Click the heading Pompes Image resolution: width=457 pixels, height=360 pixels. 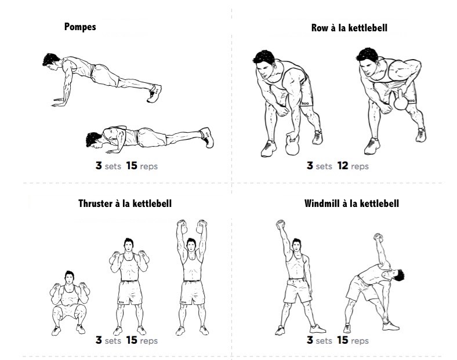tap(80, 27)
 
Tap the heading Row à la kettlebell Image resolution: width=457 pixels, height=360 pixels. tap(349, 28)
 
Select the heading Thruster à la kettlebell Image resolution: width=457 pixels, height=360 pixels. tap(125, 203)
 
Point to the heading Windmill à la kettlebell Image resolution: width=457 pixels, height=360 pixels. tap(351, 203)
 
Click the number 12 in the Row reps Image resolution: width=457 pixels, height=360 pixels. tap(343, 166)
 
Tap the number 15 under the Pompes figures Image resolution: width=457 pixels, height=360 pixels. tap(132, 166)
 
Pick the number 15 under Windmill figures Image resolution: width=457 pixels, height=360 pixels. tap(343, 340)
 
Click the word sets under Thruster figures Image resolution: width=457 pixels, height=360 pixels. tap(113, 341)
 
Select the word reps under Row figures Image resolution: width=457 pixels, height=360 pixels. tap(360, 166)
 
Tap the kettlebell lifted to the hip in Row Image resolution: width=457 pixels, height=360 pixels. tap(401, 101)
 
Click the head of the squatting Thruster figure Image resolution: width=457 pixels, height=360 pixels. tap(70, 277)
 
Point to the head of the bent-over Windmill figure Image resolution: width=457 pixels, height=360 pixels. tap(396, 275)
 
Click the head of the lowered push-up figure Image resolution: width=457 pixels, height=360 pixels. tap(94, 140)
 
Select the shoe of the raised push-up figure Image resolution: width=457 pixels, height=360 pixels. tap(154, 93)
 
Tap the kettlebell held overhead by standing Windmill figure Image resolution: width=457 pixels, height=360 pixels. tap(280, 224)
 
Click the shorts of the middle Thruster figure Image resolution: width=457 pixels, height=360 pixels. tap(130, 292)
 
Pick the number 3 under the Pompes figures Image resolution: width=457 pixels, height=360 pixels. tap(99, 166)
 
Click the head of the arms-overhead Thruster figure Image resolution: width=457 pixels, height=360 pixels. tap(191, 245)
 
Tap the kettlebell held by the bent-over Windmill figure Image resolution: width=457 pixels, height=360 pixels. tap(378, 237)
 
